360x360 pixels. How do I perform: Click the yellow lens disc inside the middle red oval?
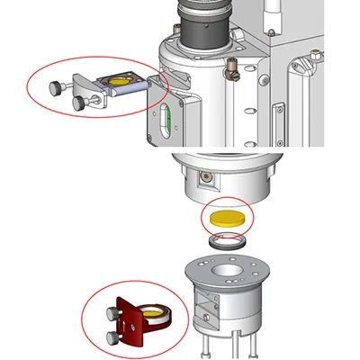pyautogui.click(x=226, y=219)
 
